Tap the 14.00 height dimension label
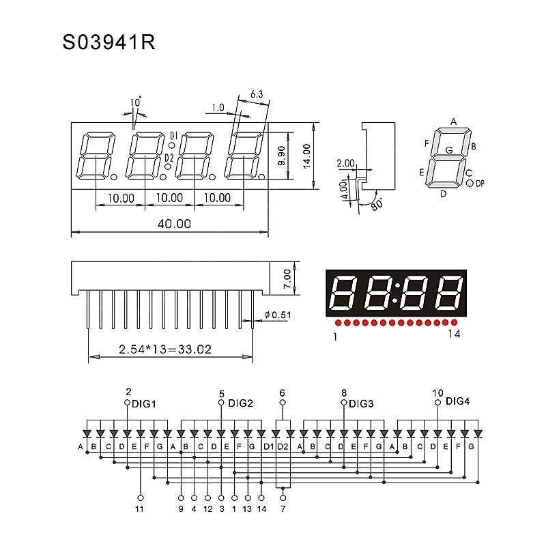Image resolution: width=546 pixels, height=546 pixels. tap(306, 156)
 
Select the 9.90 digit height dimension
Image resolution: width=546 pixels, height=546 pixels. tap(282, 156)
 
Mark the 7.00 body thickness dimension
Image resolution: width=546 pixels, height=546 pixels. tap(287, 276)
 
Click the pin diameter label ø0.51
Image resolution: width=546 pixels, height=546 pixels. tap(276, 315)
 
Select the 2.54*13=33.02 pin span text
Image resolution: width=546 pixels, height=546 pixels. tap(164, 349)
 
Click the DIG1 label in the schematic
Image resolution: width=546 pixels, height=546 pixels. tap(145, 403)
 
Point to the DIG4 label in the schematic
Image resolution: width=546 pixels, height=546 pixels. tap(457, 401)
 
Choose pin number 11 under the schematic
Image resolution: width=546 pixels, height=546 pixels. tap(140, 509)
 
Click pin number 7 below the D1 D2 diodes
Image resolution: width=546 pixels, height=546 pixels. tap(283, 509)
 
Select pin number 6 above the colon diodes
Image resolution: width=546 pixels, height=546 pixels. tap(283, 392)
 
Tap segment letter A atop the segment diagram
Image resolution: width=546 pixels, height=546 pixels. tap(452, 122)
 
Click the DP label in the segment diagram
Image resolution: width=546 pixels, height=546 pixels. tap(480, 183)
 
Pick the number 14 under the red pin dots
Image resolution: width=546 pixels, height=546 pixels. tap(455, 334)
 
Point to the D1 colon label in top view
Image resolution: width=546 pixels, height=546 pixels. tap(174, 134)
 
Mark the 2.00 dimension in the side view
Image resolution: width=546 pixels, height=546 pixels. tap(345, 163)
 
